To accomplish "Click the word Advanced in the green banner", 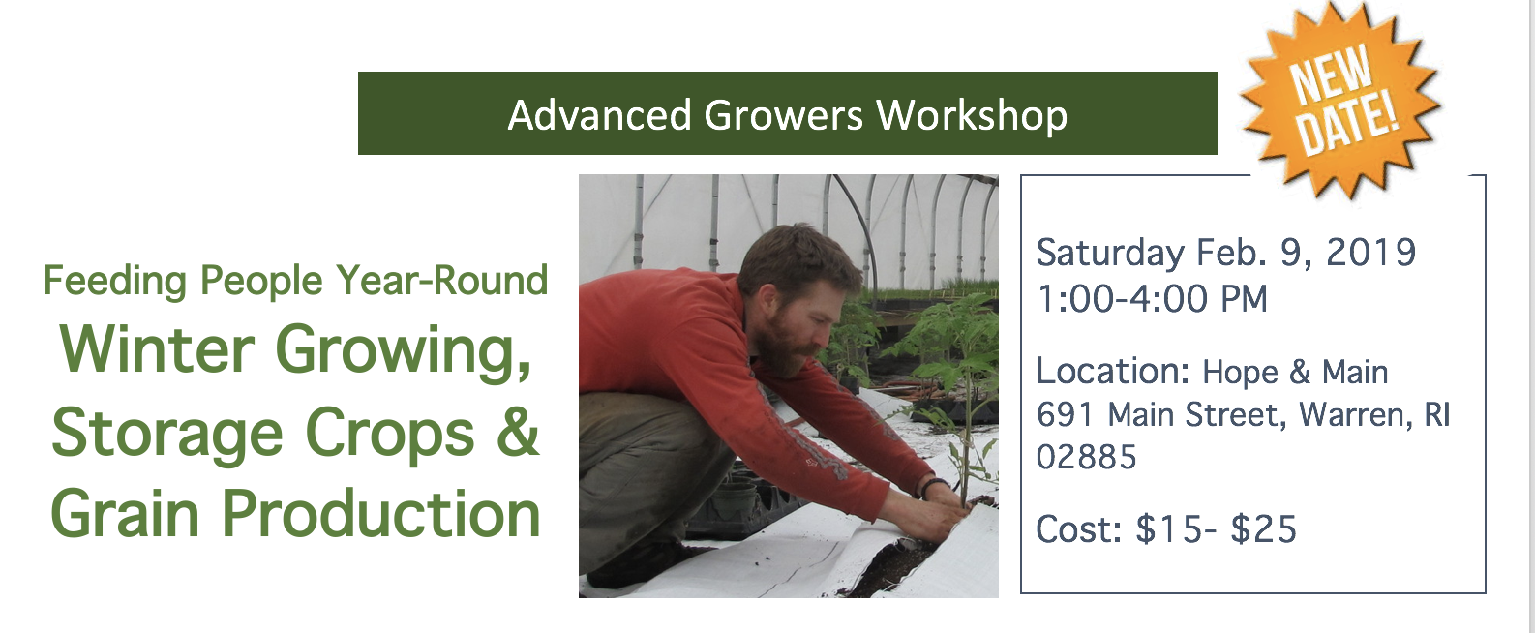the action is (x=599, y=114).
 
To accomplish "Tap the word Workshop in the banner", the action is (x=973, y=115).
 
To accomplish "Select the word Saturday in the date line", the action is (x=1110, y=254).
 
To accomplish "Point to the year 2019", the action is (x=1371, y=252).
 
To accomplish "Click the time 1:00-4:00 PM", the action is (x=1152, y=299).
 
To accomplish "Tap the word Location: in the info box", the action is (x=1113, y=372).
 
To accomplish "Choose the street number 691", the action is (x=1065, y=414).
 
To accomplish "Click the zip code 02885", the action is (x=1086, y=457).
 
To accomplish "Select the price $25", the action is (x=1264, y=528).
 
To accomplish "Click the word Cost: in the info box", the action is (x=1078, y=529).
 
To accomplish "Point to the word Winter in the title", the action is (x=158, y=348).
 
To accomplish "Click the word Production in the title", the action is (x=381, y=514).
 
